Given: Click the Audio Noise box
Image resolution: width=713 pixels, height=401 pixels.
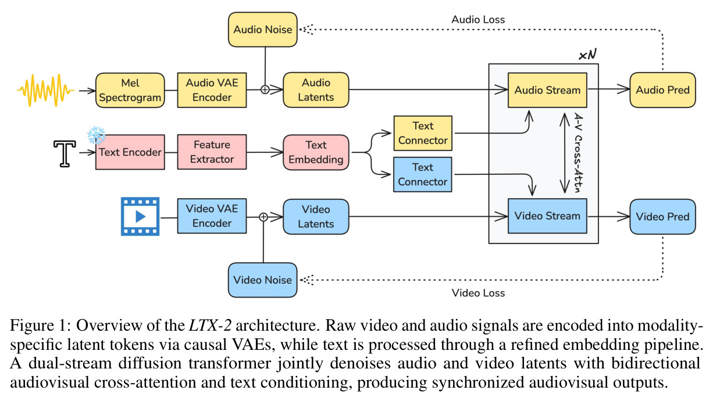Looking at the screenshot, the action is [x=263, y=30].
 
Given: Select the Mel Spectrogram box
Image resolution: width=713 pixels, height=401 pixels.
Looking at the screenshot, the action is [x=130, y=90].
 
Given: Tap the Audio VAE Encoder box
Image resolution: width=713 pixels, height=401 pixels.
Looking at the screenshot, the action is [x=212, y=90].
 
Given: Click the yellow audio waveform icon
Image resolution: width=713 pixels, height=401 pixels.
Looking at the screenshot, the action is [x=45, y=90].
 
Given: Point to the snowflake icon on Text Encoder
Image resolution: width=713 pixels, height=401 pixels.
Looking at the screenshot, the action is [x=97, y=135].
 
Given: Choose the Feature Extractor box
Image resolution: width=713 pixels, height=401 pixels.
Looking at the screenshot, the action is [x=212, y=152].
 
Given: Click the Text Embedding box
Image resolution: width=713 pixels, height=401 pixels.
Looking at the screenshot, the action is [x=316, y=152].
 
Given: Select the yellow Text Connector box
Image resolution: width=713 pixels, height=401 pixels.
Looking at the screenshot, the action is [x=423, y=133].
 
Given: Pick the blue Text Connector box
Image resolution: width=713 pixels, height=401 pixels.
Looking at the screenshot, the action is [x=423, y=174].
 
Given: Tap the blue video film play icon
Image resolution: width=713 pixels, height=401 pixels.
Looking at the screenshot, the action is [x=140, y=217].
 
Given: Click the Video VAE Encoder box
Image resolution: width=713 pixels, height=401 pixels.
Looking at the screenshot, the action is [x=212, y=216].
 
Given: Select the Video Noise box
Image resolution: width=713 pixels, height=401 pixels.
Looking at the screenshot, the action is [x=263, y=280].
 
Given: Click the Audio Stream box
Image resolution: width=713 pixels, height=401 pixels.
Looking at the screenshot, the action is [x=547, y=90].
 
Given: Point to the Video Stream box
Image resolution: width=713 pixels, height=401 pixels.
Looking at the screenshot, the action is [x=547, y=216].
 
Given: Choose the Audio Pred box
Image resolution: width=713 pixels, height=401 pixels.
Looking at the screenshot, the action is [x=663, y=90].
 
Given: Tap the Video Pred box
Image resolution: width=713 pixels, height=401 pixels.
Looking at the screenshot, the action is [x=663, y=217].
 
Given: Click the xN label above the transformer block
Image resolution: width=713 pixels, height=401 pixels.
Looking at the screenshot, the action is [x=587, y=55].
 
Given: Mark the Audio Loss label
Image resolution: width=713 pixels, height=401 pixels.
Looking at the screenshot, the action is [x=478, y=20].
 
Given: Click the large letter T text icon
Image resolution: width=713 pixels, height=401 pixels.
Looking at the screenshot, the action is [x=65, y=153].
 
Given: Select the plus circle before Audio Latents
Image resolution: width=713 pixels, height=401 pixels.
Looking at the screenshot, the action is [x=265, y=89].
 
